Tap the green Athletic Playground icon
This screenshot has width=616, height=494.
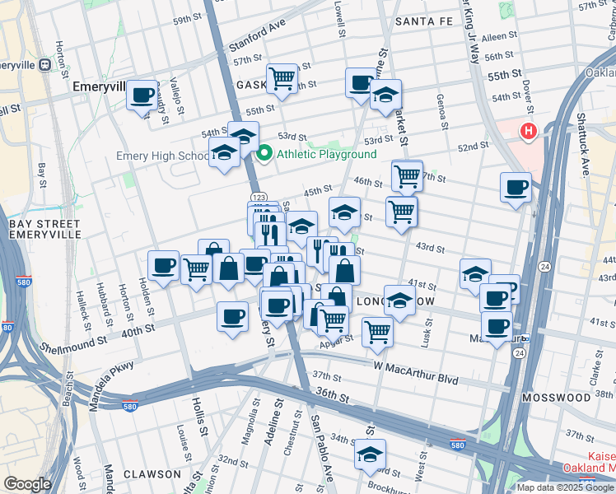265,154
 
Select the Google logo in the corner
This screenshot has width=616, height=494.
27,484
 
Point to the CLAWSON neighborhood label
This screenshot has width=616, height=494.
152,474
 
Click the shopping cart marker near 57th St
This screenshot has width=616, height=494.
282,78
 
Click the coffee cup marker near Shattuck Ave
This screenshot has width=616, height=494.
516,187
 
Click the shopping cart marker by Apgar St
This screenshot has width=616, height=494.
377,331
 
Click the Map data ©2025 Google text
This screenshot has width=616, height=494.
564,487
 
